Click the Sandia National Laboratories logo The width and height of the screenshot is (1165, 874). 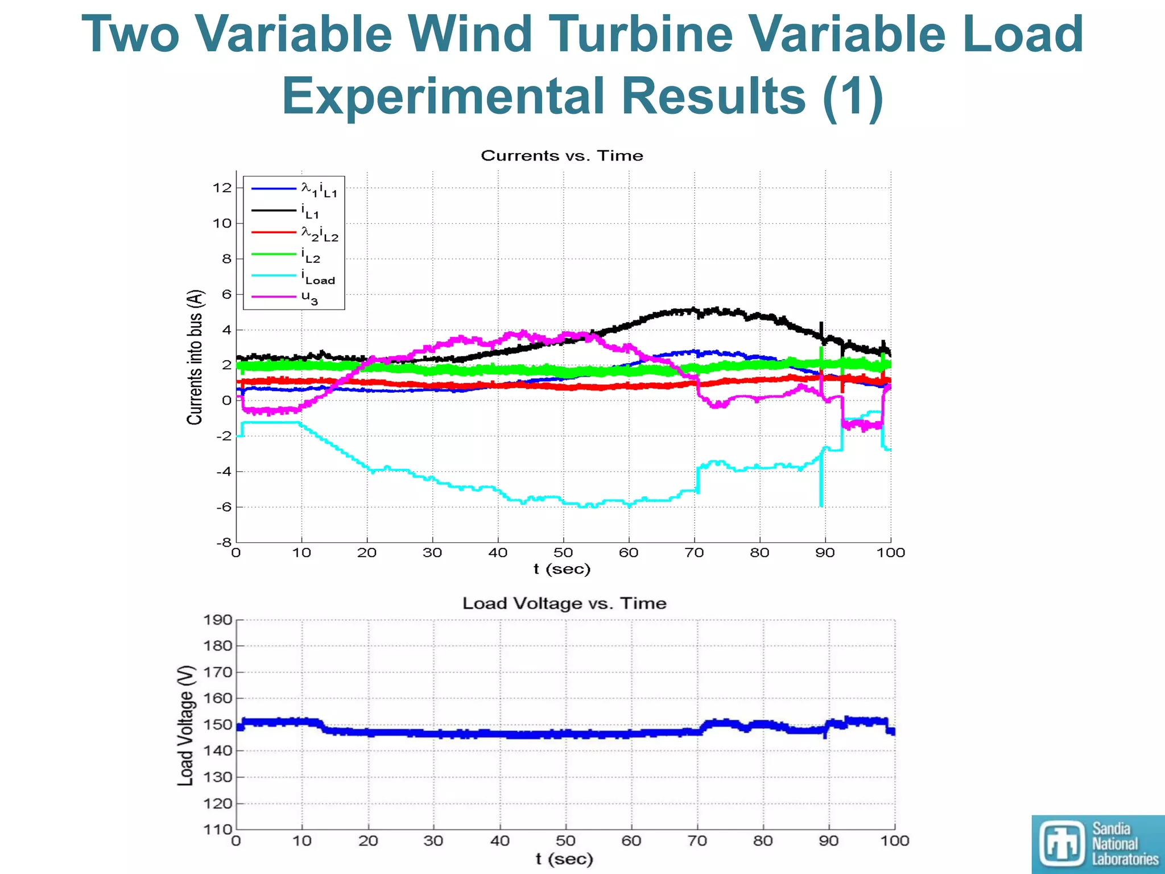pos(1098,844)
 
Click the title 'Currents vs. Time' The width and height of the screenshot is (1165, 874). pos(562,156)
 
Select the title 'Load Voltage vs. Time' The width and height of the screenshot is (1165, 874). pos(564,603)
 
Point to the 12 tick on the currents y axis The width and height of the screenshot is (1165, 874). pos(222,188)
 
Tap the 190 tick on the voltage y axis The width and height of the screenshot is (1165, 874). pos(218,620)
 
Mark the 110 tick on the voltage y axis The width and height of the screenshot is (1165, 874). pos(218,830)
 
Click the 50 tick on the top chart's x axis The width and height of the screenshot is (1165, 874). pos(563,553)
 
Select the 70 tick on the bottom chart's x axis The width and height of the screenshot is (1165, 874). pos(697,841)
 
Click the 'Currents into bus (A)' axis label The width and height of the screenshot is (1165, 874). pos(195,357)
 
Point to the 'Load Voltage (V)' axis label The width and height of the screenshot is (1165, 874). pos(186,725)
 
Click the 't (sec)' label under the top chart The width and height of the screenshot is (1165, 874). pos(562,569)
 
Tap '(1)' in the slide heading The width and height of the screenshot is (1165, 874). pos(853,96)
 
